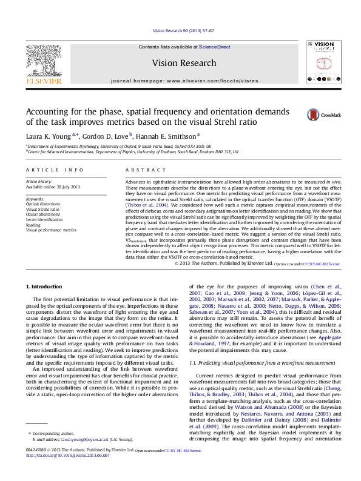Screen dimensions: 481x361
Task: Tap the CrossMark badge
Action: (324, 114)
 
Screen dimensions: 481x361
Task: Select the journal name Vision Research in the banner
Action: (183, 63)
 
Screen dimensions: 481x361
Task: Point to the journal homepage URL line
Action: (184, 81)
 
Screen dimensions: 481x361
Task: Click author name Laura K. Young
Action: (49, 136)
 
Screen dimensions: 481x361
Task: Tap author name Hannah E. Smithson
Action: (168, 136)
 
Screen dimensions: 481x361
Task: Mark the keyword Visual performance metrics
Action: (51, 230)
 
